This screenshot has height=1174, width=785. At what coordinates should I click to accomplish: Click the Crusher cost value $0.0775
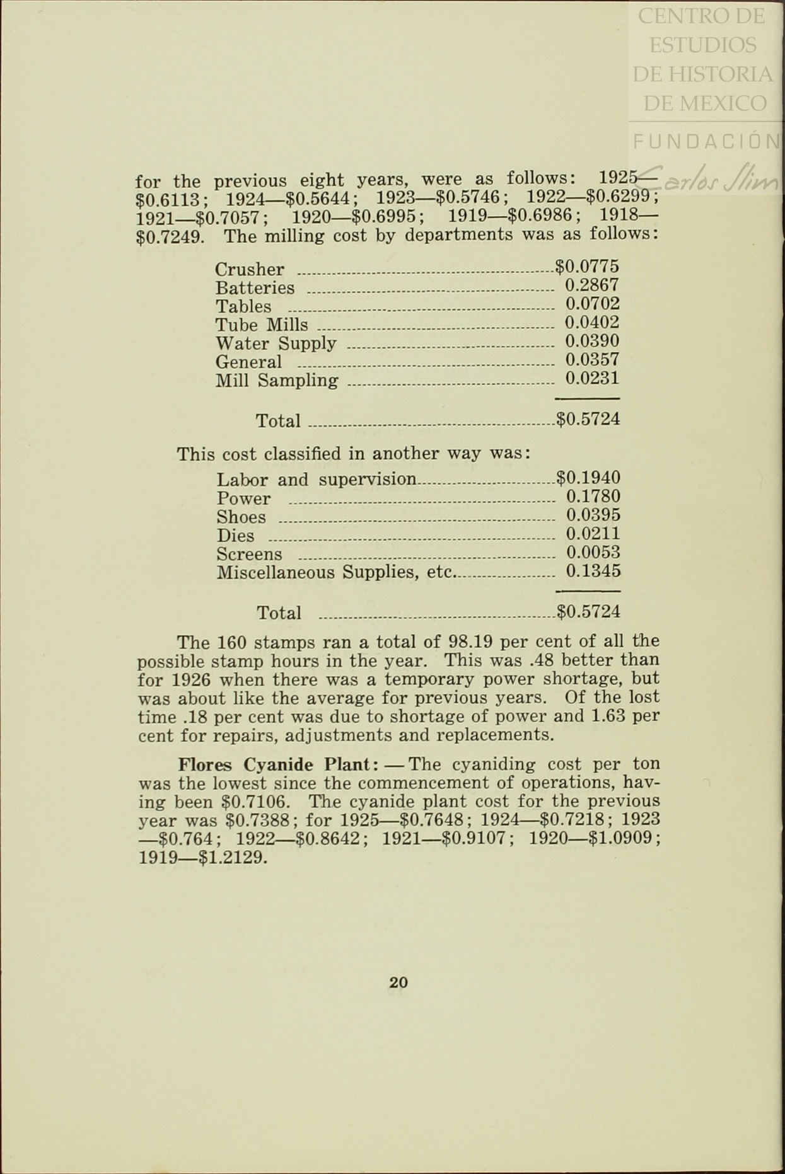pyautogui.click(x=587, y=266)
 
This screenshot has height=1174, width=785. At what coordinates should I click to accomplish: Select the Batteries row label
pyautogui.click(x=255, y=288)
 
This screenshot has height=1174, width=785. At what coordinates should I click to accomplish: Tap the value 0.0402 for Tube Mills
pyautogui.click(x=592, y=323)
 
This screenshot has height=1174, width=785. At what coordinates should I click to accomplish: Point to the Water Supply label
pyautogui.click(x=276, y=343)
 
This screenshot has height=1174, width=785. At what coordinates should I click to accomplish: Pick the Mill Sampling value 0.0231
pyautogui.click(x=592, y=378)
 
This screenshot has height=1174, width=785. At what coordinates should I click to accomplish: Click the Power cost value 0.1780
pyautogui.click(x=593, y=497)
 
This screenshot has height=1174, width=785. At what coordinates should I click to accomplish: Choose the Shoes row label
pyautogui.click(x=241, y=517)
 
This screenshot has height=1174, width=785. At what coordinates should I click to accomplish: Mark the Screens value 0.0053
pyautogui.click(x=593, y=553)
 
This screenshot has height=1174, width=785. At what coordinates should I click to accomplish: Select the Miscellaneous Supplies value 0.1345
pyautogui.click(x=593, y=572)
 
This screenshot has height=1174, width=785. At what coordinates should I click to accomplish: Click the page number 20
pyautogui.click(x=398, y=982)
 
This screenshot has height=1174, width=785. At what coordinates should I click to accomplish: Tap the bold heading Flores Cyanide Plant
pyautogui.click(x=277, y=764)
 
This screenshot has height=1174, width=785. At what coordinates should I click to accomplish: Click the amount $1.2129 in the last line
pyautogui.click(x=233, y=858)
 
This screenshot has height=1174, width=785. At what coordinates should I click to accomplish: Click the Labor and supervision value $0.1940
pyautogui.click(x=588, y=478)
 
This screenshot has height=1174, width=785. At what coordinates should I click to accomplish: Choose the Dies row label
pyautogui.click(x=235, y=536)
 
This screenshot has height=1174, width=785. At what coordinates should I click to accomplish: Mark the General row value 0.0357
pyautogui.click(x=592, y=360)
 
